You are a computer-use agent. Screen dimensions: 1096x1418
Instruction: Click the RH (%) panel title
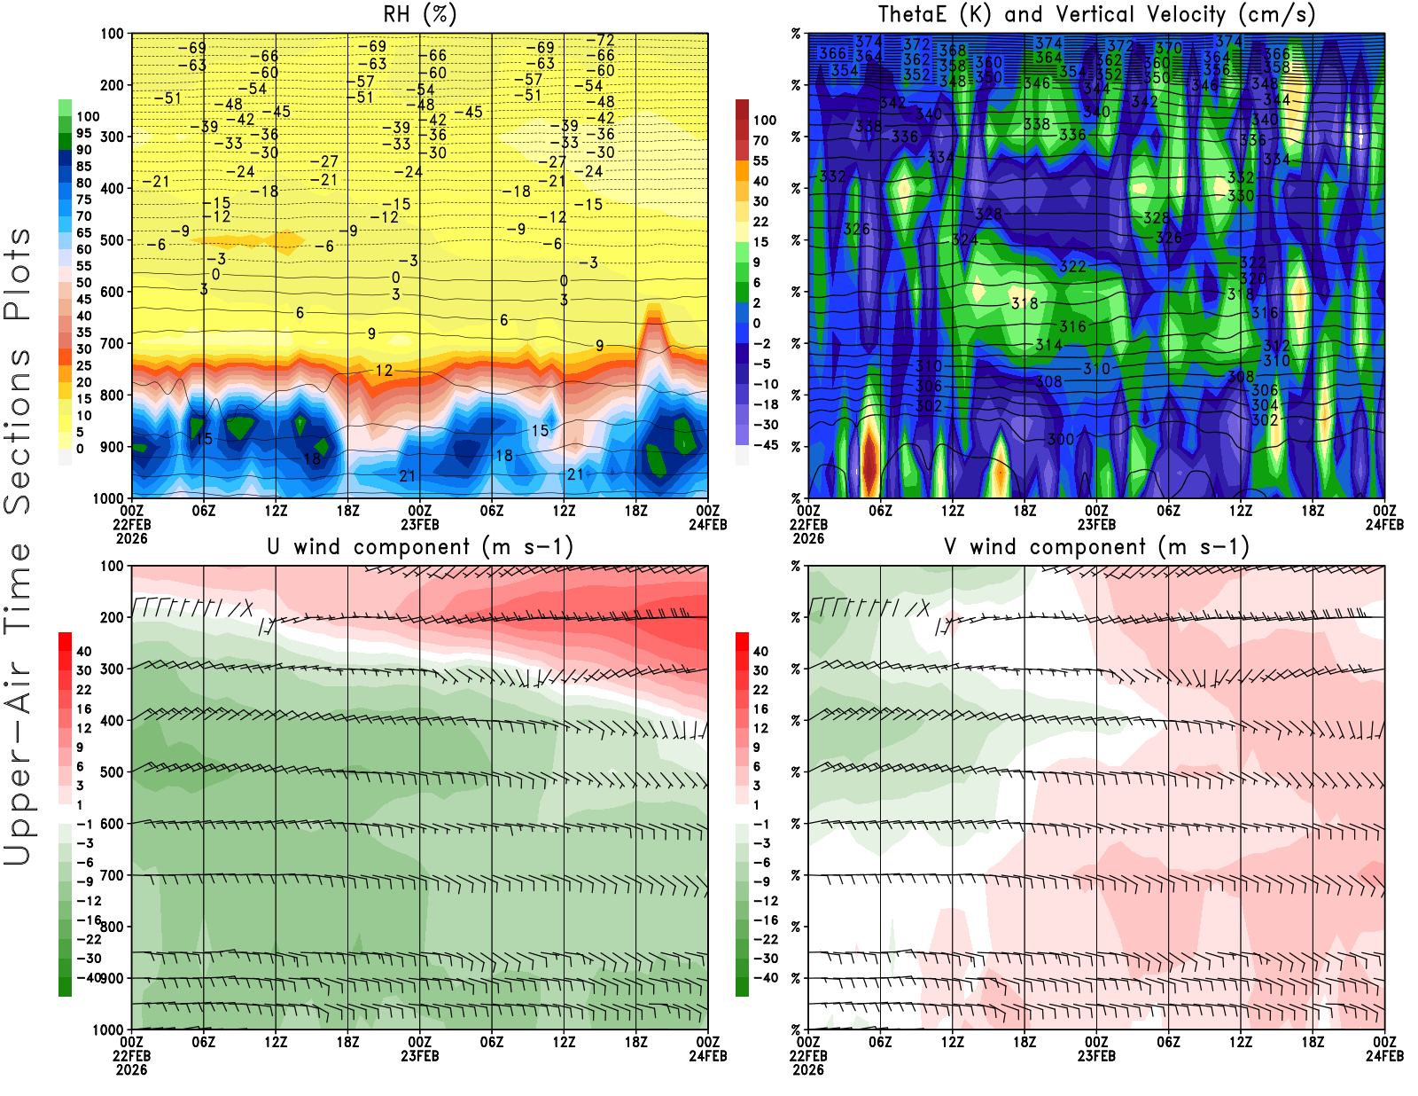click(x=419, y=14)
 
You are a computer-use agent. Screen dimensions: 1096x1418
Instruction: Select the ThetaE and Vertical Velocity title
click(x=1096, y=14)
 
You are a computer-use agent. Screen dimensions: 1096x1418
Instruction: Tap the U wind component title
click(x=419, y=546)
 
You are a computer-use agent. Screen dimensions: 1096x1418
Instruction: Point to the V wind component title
click(x=1096, y=546)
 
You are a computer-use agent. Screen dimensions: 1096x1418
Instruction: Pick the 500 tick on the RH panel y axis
click(x=113, y=240)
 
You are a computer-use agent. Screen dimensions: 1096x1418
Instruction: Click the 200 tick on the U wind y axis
click(x=113, y=617)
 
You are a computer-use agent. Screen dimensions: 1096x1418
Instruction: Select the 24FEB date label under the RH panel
click(x=708, y=524)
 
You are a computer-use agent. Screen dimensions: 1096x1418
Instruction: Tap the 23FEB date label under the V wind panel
click(x=1096, y=1056)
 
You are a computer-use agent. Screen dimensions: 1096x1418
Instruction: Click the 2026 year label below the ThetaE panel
click(x=808, y=538)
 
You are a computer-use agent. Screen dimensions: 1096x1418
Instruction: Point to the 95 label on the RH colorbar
click(x=83, y=133)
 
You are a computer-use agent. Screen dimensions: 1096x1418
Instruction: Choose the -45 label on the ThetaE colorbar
click(x=766, y=445)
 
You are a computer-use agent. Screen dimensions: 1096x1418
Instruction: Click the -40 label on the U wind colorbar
click(x=89, y=978)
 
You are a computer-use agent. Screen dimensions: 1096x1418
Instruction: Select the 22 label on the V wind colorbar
click(x=760, y=690)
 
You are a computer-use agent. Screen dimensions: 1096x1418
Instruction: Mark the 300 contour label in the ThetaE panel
click(x=1060, y=439)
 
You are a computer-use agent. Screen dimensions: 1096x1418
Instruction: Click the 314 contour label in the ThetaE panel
click(x=1048, y=345)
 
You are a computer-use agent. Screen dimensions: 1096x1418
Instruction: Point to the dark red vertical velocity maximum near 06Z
click(x=870, y=461)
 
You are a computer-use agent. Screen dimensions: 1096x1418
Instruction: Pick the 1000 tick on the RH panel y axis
click(x=109, y=498)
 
